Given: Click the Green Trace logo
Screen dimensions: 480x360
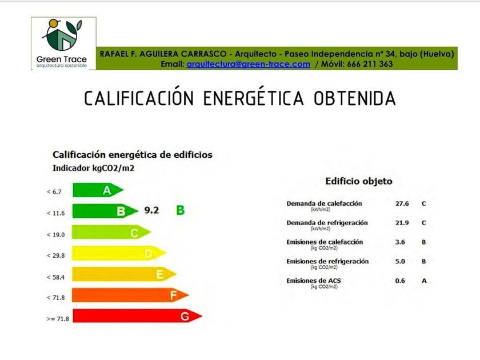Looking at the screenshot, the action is [x=63, y=43].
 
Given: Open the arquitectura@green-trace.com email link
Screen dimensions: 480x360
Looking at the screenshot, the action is [x=248, y=64].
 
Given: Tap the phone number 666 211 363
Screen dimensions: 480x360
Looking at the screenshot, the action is [x=370, y=64].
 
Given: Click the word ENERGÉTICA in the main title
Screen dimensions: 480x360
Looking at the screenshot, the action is [x=254, y=98].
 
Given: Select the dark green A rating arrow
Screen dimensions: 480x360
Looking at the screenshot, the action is [x=98, y=190].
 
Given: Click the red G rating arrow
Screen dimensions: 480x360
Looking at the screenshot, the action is [x=137, y=315].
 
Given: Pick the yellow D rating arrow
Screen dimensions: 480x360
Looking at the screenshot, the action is [x=119, y=253].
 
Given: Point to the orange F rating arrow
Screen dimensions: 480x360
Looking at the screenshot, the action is [x=130, y=295].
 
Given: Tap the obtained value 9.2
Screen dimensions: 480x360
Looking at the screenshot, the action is [x=151, y=210].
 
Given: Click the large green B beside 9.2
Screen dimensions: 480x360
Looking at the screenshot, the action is [x=181, y=210].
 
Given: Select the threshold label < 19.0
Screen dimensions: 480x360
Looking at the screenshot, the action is [x=56, y=235].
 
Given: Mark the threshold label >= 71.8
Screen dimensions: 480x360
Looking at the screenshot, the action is [x=58, y=319].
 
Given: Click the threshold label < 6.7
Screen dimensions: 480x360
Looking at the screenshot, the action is [x=54, y=192].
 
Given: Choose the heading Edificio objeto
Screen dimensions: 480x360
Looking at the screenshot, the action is [x=359, y=181].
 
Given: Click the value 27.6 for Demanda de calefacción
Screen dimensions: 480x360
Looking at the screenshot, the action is [x=402, y=203].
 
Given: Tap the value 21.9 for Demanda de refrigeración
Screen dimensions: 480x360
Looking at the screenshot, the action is [x=402, y=223].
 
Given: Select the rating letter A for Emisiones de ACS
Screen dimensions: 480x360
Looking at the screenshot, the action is [x=424, y=281].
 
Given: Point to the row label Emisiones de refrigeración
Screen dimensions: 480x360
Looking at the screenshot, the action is [x=327, y=262].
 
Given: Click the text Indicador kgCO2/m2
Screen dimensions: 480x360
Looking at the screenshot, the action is [x=93, y=169].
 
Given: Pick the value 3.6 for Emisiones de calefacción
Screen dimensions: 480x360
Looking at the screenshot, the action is [x=400, y=242].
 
